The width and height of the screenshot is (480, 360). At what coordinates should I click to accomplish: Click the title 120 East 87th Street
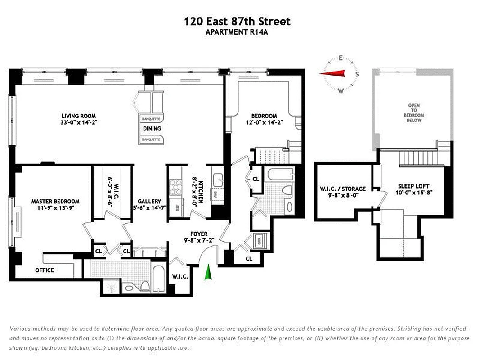[x=237, y=21]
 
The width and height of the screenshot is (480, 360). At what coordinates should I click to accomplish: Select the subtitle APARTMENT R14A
[x=237, y=32]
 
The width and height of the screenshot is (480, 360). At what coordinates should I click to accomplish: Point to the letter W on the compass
[x=341, y=90]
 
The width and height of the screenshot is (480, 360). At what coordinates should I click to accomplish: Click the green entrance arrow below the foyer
[x=208, y=273]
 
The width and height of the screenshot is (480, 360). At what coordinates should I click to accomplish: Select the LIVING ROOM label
[x=79, y=116]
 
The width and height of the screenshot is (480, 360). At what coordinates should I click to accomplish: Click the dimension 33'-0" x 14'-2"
[x=79, y=122]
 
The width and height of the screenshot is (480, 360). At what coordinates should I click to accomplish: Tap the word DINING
[x=152, y=129]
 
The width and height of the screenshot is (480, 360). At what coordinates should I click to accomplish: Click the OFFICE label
[x=45, y=270]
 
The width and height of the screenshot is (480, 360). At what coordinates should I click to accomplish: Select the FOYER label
[x=199, y=234]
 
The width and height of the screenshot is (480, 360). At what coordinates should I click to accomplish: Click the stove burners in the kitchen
[x=174, y=186]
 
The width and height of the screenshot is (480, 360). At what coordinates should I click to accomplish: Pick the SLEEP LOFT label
[x=413, y=186]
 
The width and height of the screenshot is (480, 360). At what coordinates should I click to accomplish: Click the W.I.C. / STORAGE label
[x=343, y=189]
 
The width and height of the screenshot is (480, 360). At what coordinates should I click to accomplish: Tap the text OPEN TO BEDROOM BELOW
[x=414, y=113]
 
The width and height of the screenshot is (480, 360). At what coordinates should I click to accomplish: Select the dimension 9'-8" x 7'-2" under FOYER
[x=199, y=240]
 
